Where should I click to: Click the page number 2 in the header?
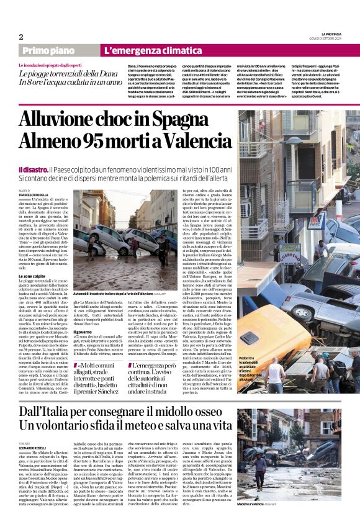point(21,37)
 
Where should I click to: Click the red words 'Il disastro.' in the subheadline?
point(33,169)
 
